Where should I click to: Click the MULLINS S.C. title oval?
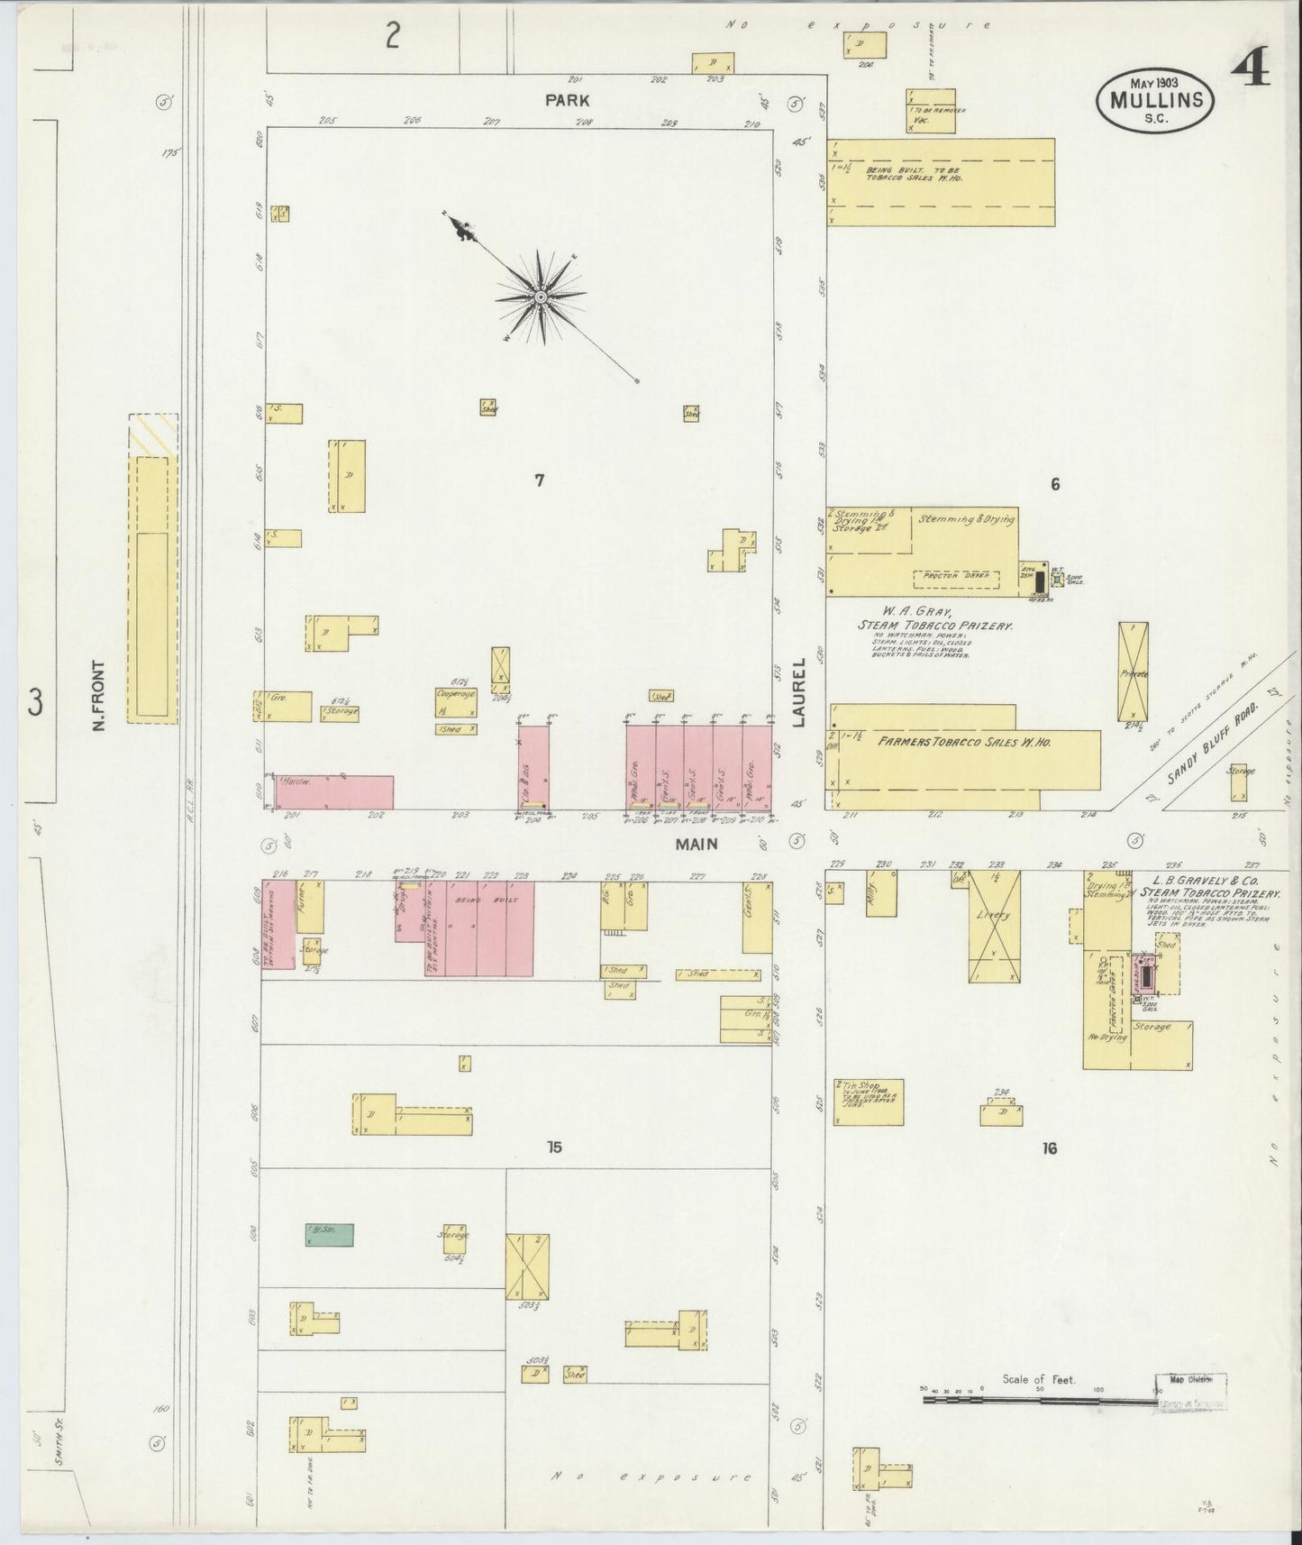(x=1155, y=100)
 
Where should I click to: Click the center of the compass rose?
(x=540, y=297)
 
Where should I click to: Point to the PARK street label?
(x=567, y=100)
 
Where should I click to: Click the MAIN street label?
(x=697, y=844)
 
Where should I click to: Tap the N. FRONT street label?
(x=100, y=696)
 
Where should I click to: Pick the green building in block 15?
(x=329, y=1234)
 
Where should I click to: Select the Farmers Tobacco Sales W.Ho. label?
(x=963, y=742)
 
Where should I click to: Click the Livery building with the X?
(x=994, y=926)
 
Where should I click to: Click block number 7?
(x=539, y=480)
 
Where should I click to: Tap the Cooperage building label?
(x=455, y=695)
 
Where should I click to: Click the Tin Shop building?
(x=868, y=1102)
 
